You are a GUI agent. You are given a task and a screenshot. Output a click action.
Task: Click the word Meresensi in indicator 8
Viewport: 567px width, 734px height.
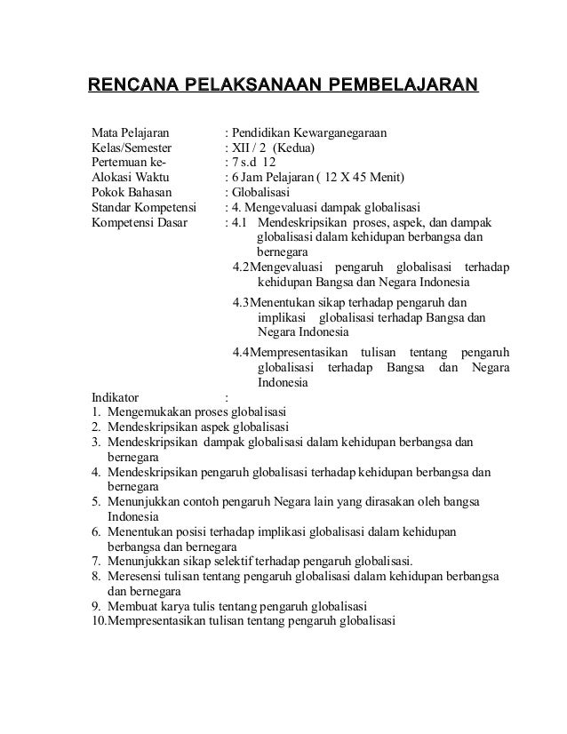(133, 576)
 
